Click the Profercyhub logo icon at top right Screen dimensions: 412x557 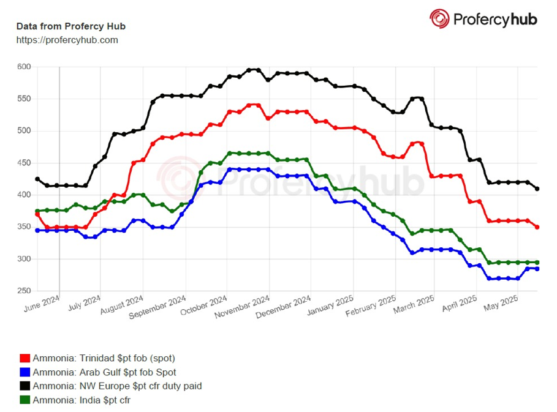click(x=439, y=19)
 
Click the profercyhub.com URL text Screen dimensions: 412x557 click(x=67, y=40)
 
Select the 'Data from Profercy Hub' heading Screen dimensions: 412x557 click(x=70, y=27)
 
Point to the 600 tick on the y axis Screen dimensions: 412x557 click(x=23, y=67)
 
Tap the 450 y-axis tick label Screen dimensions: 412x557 click(x=23, y=163)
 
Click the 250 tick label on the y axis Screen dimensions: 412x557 click(x=23, y=291)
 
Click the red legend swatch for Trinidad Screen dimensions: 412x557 click(x=25, y=358)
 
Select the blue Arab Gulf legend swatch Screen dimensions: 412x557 click(x=25, y=372)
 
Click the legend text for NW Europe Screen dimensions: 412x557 click(x=117, y=386)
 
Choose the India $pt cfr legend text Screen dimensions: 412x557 click(x=81, y=400)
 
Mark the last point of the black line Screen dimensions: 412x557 click(x=537, y=189)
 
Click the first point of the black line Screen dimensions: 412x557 click(x=37, y=179)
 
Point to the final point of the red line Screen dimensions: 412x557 click(x=537, y=227)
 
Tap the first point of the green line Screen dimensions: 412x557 click(x=37, y=211)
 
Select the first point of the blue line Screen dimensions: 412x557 click(x=37, y=230)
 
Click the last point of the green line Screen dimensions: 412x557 click(x=537, y=263)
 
